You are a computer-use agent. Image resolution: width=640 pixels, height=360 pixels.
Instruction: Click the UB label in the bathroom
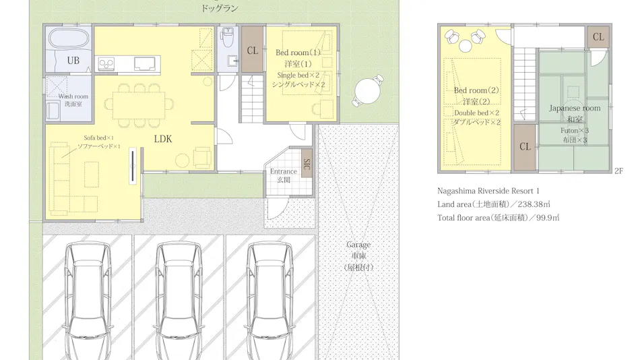tap(73, 61)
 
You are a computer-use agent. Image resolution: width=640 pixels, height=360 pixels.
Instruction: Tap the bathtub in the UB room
tap(68, 40)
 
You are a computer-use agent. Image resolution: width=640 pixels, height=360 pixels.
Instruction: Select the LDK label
tap(163, 139)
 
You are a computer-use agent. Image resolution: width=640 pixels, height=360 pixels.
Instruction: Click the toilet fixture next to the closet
tap(228, 37)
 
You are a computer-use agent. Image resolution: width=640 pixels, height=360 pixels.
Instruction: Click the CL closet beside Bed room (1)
tap(252, 50)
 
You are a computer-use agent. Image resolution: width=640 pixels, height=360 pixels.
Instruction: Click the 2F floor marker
tap(618, 171)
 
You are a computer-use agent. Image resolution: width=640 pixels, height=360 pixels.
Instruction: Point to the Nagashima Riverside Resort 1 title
tap(488, 191)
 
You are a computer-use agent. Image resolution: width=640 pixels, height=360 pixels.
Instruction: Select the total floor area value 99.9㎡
tap(548, 218)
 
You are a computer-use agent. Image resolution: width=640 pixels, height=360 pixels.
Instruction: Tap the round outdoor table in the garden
tap(368, 90)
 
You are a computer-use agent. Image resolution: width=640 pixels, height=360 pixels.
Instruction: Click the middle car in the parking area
tap(179, 301)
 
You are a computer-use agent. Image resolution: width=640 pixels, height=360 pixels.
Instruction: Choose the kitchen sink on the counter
tap(144, 64)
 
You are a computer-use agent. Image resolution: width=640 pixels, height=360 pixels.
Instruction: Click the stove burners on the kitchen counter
tap(106, 64)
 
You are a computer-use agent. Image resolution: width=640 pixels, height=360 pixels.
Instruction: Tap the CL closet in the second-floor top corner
tap(598, 37)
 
